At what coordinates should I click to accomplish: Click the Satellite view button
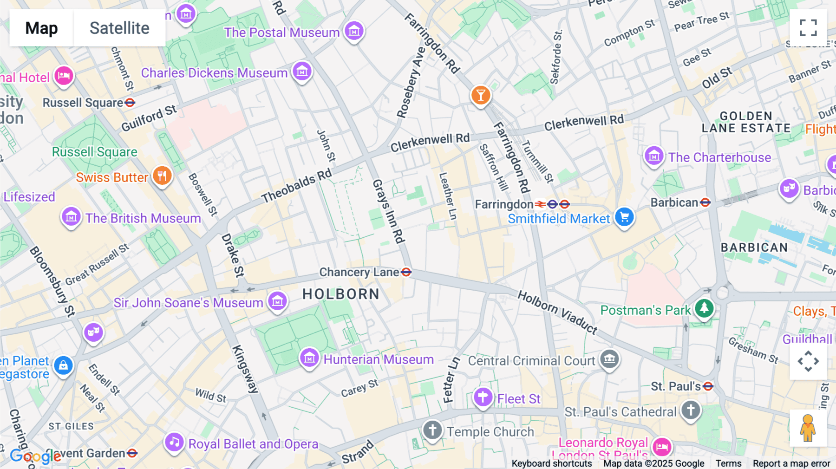pyautogui.click(x=119, y=28)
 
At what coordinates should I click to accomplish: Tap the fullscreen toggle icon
pyautogui.click(x=808, y=28)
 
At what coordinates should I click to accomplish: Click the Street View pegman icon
pyautogui.click(x=808, y=428)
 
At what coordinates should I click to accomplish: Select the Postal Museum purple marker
pyautogui.click(x=354, y=31)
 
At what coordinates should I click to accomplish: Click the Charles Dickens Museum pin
pyautogui.click(x=302, y=72)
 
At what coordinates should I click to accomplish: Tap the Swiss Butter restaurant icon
pyautogui.click(x=162, y=176)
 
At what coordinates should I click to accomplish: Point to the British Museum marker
pyautogui.click(x=71, y=217)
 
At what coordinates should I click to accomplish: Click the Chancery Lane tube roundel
pyautogui.click(x=406, y=272)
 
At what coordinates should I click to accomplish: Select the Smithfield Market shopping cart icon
pyautogui.click(x=624, y=217)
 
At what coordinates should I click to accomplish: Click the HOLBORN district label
pyautogui.click(x=341, y=294)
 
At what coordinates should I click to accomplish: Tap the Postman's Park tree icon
pyautogui.click(x=704, y=308)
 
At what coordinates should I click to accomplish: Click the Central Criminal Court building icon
pyautogui.click(x=609, y=359)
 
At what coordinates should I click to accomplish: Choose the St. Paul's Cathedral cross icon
pyautogui.click(x=691, y=410)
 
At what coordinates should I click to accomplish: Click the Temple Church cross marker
pyautogui.click(x=432, y=430)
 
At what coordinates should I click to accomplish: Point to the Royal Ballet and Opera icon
pyautogui.click(x=174, y=442)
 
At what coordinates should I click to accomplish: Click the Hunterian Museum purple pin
pyautogui.click(x=309, y=358)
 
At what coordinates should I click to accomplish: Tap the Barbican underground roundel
pyautogui.click(x=705, y=202)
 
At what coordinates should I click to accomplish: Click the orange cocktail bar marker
pyautogui.click(x=481, y=95)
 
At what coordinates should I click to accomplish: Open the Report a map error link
pyautogui.click(x=791, y=463)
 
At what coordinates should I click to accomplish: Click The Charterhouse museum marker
pyautogui.click(x=654, y=156)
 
